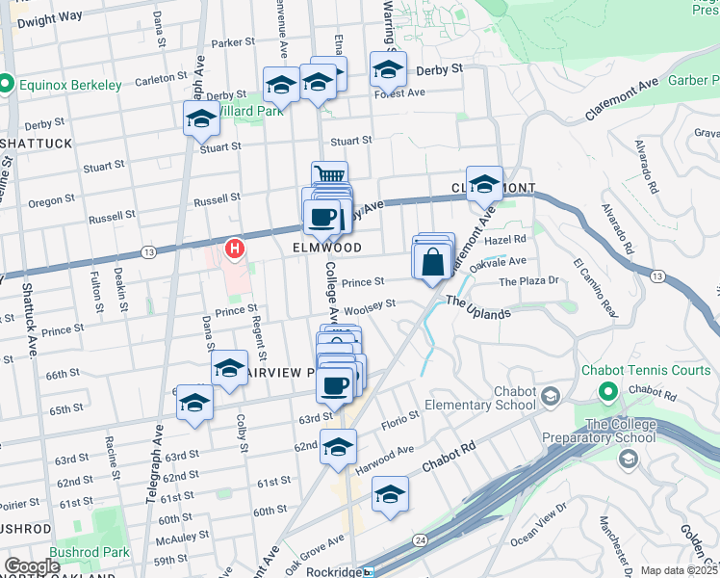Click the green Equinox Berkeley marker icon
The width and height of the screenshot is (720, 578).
coord(6,85)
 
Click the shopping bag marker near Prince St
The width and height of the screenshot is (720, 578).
coord(432,261)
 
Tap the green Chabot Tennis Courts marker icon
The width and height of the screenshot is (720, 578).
coord(607,392)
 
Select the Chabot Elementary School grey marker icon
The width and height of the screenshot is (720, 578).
coord(550,397)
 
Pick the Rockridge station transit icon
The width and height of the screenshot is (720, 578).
coord(368,571)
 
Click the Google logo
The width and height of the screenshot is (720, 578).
coord(32,566)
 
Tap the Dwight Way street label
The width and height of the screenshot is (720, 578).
coord(50,18)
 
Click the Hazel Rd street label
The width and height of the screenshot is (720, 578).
coord(507,239)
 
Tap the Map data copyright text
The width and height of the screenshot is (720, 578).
coord(680,570)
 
